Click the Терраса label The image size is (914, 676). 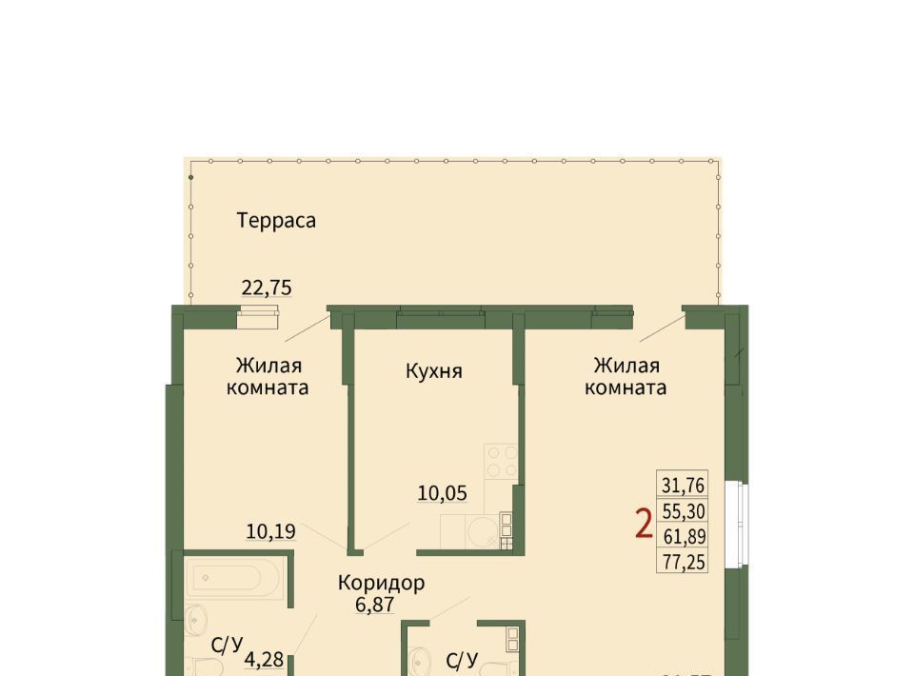276,221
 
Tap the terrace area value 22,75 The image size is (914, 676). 267,288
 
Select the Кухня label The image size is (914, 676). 434,371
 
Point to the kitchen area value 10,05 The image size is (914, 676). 442,493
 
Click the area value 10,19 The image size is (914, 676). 270,531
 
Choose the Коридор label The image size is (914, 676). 381,584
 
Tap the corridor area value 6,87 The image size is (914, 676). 374,605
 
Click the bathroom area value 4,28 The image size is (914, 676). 264,660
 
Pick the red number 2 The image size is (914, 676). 644,524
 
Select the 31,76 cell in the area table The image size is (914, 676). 683,485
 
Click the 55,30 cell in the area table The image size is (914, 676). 683,511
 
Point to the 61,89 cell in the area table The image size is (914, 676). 683,535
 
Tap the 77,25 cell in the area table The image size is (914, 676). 683,561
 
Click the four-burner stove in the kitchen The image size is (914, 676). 502,461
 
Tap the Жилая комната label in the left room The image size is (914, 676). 268,376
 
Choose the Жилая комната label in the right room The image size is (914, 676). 626,376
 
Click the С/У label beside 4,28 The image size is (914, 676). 227,646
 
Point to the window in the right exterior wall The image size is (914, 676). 737,524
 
